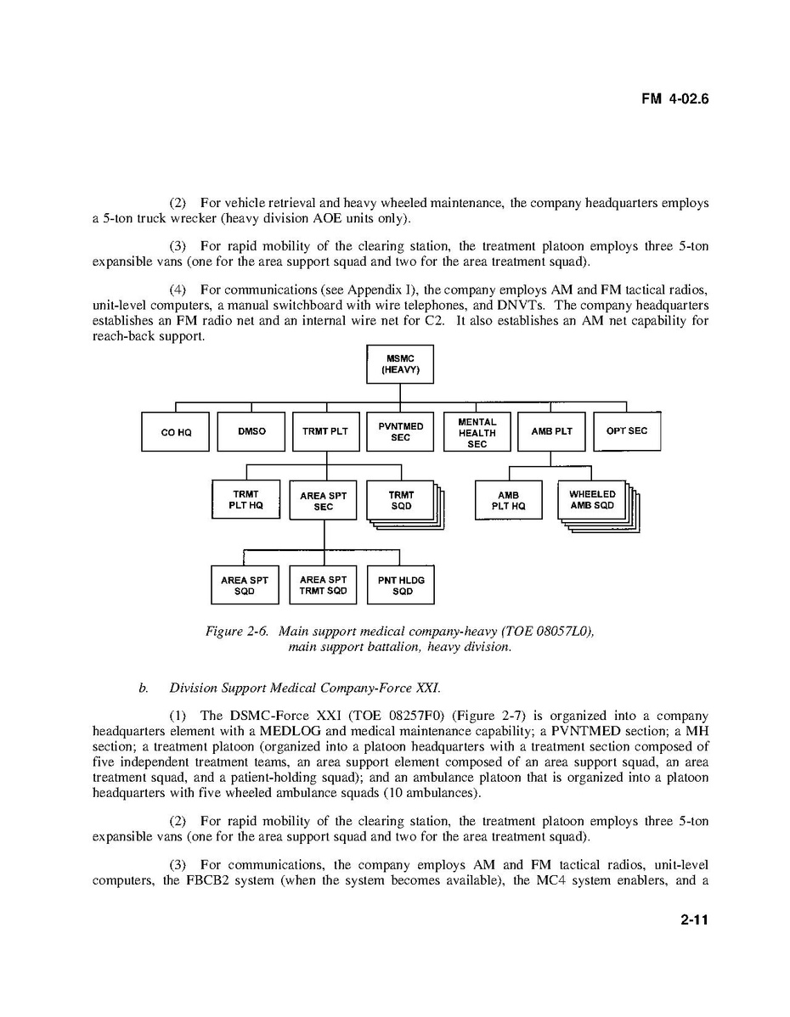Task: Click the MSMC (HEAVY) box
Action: tap(400, 364)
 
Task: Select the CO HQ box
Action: tap(176, 431)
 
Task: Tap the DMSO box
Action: tap(251, 431)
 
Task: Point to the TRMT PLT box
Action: tap(325, 431)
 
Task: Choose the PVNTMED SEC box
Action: tap(400, 431)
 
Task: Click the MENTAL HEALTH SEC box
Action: tap(477, 432)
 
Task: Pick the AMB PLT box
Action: tap(551, 431)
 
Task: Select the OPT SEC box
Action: tap(626, 431)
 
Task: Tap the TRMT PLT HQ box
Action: tap(245, 499)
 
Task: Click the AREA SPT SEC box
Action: tap(324, 501)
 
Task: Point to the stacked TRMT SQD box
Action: tap(401, 500)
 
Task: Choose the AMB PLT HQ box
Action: tap(508, 500)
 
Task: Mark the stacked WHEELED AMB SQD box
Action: tap(592, 500)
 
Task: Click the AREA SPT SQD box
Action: tap(244, 586)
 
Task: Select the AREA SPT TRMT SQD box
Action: tap(324, 586)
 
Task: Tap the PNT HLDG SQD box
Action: tap(401, 586)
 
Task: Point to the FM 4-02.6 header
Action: tap(674, 98)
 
